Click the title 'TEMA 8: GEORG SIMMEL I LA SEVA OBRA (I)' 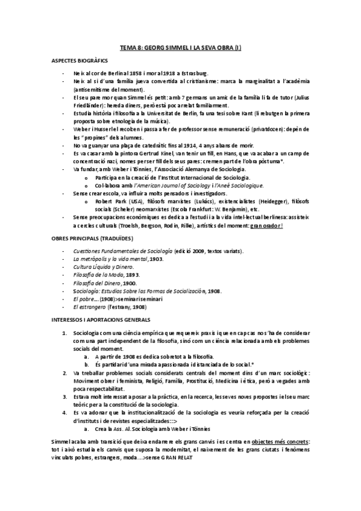[181, 47]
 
